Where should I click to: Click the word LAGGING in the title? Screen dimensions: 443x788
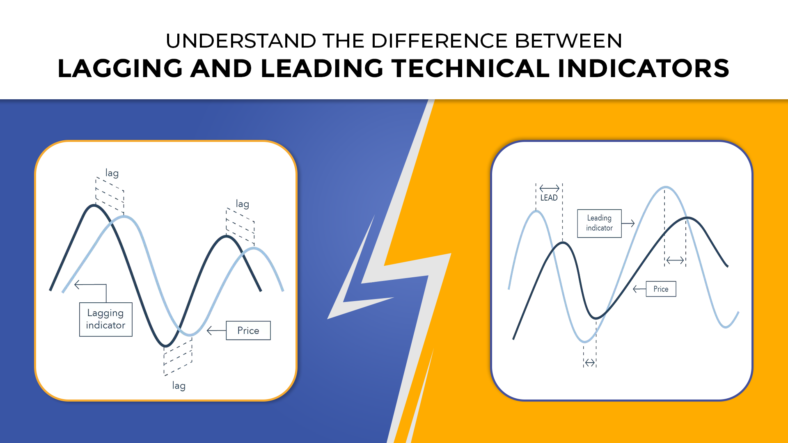(x=120, y=69)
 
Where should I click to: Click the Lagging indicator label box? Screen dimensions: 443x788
(x=105, y=320)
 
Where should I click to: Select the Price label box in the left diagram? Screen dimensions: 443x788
(x=248, y=331)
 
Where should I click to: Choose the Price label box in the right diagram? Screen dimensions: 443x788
(x=661, y=289)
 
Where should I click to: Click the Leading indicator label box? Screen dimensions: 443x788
(x=599, y=223)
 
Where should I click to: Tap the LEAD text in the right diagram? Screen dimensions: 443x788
(x=549, y=198)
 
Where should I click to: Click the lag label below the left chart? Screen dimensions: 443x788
(x=179, y=386)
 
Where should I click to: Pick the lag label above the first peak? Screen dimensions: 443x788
(x=112, y=173)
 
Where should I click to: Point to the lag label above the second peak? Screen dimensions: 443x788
(x=243, y=204)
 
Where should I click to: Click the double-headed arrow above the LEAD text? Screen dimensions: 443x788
(x=549, y=188)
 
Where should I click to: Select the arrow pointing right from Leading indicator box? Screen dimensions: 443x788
(x=628, y=224)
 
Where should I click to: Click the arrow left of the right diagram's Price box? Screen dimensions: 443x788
(x=639, y=289)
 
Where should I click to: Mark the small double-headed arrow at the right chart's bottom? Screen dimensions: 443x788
(x=590, y=363)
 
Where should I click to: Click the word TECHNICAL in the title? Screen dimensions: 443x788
(x=470, y=69)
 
